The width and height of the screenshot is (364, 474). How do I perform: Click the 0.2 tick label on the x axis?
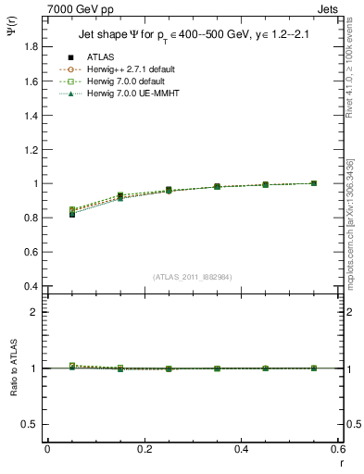click(x=144, y=448)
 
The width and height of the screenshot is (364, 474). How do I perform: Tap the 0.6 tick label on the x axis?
click(x=338, y=448)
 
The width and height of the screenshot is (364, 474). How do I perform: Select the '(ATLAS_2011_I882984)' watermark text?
click(x=193, y=276)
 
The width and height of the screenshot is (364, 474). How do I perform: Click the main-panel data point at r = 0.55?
click(x=314, y=183)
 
